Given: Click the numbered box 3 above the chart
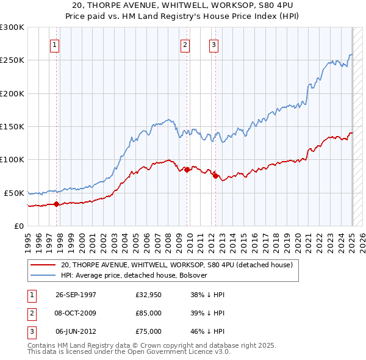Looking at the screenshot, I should [214, 44].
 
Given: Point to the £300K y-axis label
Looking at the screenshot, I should [12, 27].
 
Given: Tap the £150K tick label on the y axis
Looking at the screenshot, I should [12, 126].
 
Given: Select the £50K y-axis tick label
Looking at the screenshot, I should [14, 193].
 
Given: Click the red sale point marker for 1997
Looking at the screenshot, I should [56, 204].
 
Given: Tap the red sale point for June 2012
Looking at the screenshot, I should [215, 176].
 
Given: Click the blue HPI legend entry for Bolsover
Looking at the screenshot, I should [134, 275].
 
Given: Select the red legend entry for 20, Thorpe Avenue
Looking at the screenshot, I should [177, 265].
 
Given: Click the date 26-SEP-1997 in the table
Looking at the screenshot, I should [76, 294].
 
